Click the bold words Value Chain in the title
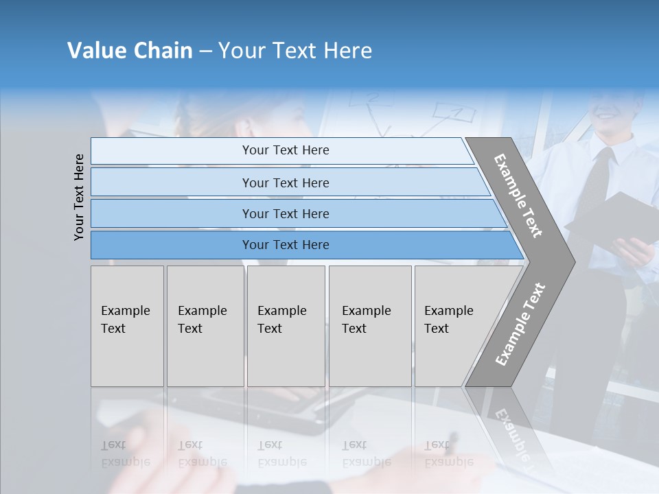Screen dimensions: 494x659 click(x=130, y=51)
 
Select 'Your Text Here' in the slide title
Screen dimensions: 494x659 click(x=295, y=51)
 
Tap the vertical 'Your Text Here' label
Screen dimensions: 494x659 click(x=79, y=197)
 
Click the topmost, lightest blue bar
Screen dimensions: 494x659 click(x=285, y=150)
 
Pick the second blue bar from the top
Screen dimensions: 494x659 click(x=285, y=183)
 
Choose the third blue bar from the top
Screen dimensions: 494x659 click(x=285, y=213)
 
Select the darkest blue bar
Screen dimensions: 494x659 click(x=285, y=245)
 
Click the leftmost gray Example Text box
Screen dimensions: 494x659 click(x=127, y=326)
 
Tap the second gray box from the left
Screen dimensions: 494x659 click(x=205, y=326)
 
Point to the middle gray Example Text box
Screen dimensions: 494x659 click(x=286, y=326)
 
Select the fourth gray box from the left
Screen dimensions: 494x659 click(x=369, y=326)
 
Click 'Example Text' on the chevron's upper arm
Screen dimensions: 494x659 click(x=518, y=196)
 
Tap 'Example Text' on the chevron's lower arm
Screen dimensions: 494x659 click(x=520, y=324)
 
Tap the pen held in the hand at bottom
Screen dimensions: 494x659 click(x=451, y=443)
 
